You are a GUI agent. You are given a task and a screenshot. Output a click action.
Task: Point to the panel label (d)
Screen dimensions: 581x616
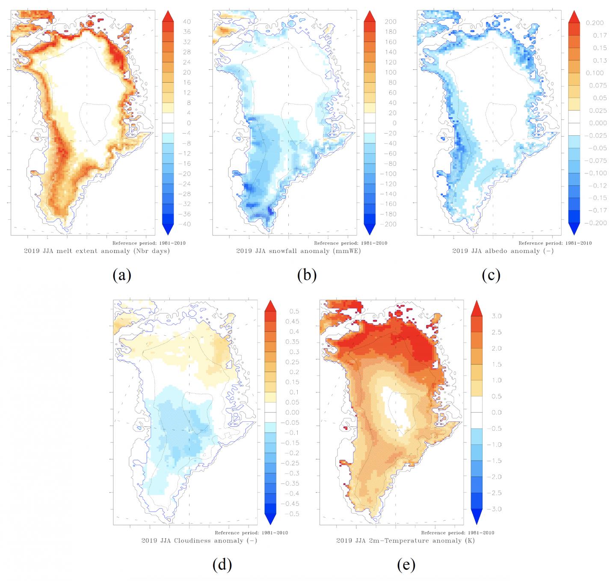point(222,565)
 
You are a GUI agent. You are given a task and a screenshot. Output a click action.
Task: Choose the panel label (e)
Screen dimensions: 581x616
point(406,565)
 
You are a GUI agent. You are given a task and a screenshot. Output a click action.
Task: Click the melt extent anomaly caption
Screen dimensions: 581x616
point(97,251)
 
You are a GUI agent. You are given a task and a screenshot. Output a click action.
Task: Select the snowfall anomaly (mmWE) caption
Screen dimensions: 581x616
point(299,251)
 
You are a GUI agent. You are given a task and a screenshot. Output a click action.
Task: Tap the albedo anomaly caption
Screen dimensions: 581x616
point(503,251)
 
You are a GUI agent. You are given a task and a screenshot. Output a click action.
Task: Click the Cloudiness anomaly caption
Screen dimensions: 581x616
point(199,541)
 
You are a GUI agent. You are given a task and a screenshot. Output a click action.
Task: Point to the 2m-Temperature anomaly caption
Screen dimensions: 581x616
point(406,541)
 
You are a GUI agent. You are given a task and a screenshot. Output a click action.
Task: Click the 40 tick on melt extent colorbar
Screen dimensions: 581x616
point(187,22)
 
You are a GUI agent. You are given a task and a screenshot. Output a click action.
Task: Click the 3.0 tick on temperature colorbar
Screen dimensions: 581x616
point(496,316)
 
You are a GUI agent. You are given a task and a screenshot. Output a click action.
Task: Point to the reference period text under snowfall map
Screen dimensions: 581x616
point(356,243)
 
